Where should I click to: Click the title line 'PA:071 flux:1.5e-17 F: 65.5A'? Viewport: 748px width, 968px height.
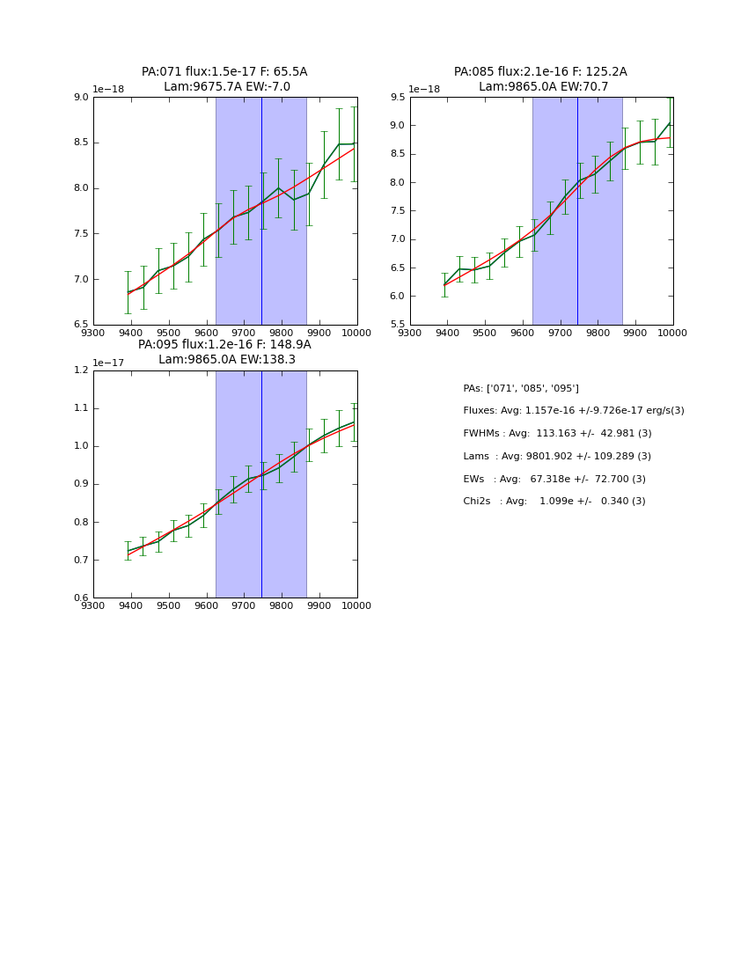tap(224, 72)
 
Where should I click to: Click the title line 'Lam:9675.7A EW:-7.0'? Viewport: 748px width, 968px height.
tap(226, 87)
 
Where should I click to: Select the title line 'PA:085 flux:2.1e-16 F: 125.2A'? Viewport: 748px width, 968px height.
tap(540, 72)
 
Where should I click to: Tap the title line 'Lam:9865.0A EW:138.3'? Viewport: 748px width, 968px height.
tap(226, 360)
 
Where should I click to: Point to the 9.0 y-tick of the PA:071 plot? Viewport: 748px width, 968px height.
tap(80, 98)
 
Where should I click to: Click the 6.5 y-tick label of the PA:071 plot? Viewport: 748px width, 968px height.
tap(80, 325)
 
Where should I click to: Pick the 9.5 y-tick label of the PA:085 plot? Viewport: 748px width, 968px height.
tap(397, 98)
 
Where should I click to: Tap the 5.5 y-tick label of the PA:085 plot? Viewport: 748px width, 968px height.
tap(397, 325)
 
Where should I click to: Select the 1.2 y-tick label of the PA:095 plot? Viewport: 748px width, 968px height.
tap(80, 370)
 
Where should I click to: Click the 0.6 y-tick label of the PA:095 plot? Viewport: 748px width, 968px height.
tap(80, 598)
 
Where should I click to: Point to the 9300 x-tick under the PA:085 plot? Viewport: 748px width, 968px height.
tap(410, 333)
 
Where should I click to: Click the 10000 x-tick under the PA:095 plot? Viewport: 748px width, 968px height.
tap(356, 605)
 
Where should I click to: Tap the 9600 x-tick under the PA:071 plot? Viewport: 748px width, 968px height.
tap(206, 333)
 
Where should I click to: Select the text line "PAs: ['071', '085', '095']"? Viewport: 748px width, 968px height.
tap(521, 388)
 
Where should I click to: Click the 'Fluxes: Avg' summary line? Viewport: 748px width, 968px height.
tap(573, 411)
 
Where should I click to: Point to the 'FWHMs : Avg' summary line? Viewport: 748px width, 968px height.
tap(557, 434)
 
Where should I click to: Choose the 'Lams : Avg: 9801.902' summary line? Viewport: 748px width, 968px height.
tap(557, 457)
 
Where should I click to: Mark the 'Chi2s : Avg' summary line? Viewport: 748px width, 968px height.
tap(554, 502)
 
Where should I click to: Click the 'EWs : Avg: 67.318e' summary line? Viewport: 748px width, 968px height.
tap(554, 480)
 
